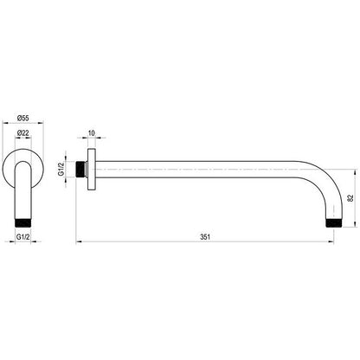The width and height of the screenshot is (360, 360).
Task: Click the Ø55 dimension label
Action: (22, 118)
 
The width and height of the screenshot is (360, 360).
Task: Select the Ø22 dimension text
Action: (22, 133)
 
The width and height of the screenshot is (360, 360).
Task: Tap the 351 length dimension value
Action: (205, 237)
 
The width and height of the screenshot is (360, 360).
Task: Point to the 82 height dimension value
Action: (350, 198)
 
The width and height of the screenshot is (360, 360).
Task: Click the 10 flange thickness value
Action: (91, 133)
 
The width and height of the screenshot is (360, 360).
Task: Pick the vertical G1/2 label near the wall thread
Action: (61, 169)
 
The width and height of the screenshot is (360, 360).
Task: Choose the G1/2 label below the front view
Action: (22, 237)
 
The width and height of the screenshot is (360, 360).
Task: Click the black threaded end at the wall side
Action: (80, 170)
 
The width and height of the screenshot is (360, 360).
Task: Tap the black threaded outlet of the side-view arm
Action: (333, 223)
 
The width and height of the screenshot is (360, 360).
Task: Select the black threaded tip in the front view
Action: (22, 223)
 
